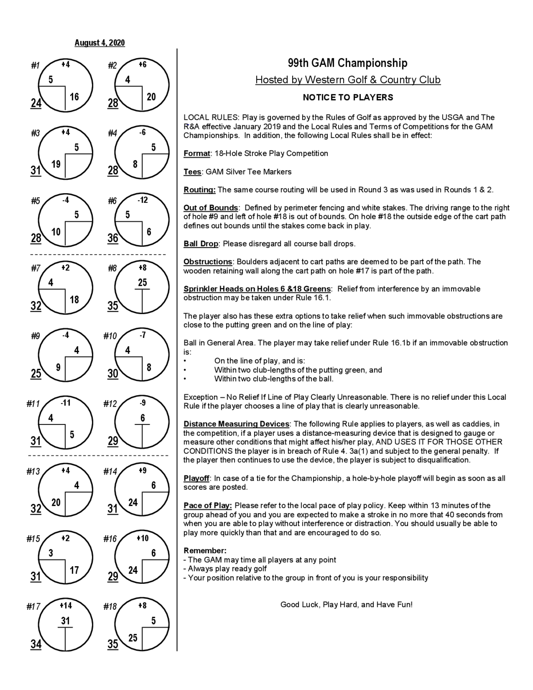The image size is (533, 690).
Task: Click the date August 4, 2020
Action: (99, 43)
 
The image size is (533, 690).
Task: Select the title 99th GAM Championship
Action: (347, 63)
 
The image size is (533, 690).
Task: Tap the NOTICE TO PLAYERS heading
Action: (348, 97)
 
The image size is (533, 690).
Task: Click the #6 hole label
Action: (112, 201)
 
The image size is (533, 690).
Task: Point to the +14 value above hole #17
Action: (66, 605)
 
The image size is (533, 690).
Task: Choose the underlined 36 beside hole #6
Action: (113, 238)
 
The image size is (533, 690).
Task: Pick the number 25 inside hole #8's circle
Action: (142, 282)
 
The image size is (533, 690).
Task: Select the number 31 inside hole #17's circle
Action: (65, 621)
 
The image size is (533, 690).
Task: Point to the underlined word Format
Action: (197, 154)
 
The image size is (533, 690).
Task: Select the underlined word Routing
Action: (200, 190)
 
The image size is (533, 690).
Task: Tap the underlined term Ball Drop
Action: (201, 244)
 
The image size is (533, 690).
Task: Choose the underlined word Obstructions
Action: (208, 262)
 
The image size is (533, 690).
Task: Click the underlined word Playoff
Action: (196, 478)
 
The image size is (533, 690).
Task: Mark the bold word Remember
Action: (205, 551)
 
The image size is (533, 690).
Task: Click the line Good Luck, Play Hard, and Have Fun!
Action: (346, 605)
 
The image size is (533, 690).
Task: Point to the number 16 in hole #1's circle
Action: (74, 97)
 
